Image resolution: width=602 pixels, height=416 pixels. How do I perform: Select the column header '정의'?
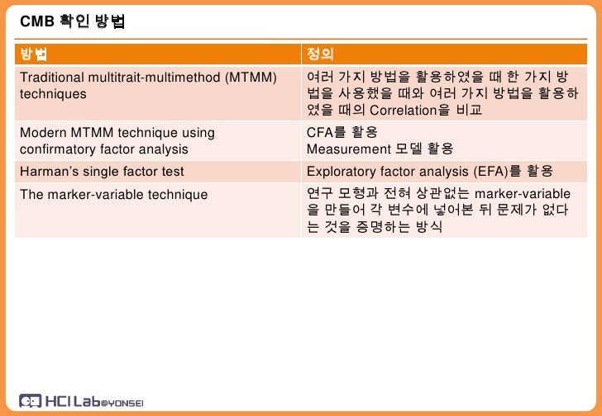tap(320, 55)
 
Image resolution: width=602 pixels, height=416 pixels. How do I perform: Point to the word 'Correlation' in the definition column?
tap(403, 111)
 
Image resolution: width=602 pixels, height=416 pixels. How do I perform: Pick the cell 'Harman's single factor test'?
tap(102, 172)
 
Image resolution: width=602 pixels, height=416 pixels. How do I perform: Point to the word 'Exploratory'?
tap(341, 172)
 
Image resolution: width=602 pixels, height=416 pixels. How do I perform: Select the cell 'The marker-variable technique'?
tap(113, 195)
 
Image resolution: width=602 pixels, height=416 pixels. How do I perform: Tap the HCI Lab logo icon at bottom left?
tap(29, 401)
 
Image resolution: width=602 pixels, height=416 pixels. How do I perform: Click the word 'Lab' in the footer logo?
tap(86, 400)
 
